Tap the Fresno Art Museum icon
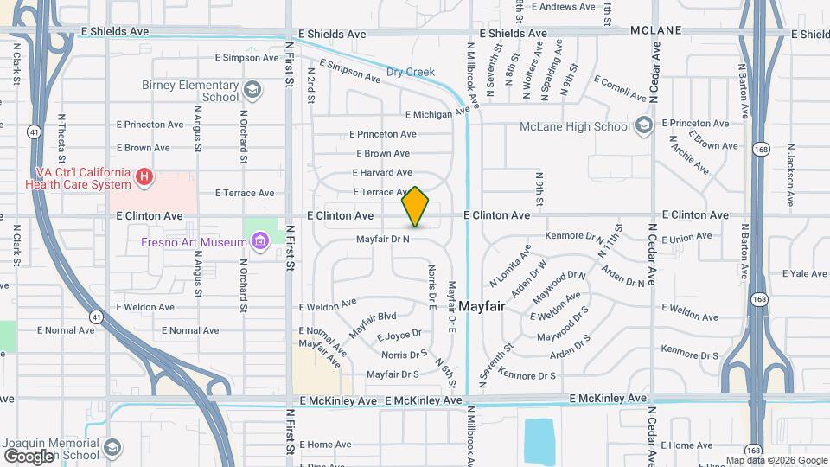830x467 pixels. (260, 241)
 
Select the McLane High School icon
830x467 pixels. (642, 126)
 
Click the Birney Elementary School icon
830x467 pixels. (252, 90)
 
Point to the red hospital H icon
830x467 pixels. (144, 178)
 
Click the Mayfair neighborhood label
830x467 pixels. (482, 306)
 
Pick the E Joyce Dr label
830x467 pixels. (399, 334)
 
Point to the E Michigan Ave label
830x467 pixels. (441, 112)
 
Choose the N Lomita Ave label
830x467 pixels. (508, 272)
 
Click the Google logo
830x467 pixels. (29, 456)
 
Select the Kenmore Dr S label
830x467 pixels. (690, 355)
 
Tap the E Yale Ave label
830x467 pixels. (805, 273)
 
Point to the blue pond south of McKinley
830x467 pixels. (539, 439)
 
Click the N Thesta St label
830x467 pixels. (61, 139)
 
